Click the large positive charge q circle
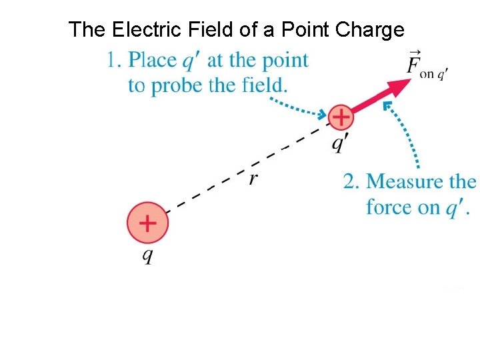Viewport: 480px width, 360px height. click(147, 223)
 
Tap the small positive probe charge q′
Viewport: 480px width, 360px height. click(341, 117)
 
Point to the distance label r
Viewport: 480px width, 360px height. click(253, 178)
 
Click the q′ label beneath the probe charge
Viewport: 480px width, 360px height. click(341, 143)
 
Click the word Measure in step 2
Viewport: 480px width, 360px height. click(403, 181)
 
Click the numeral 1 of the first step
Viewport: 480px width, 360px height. click(112, 61)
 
